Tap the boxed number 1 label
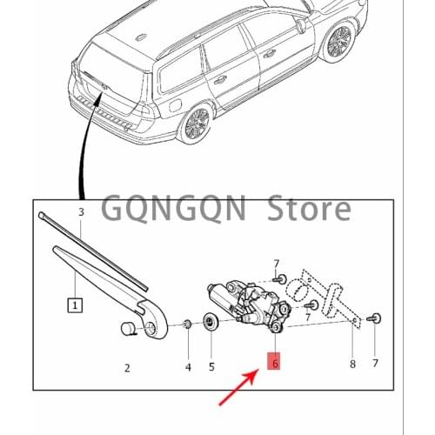pos(76,305)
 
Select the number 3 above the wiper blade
pos(81,212)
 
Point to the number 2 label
pos(126,368)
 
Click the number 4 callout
pos(188,367)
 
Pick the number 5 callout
pos(211,367)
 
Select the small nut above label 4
pos(188,325)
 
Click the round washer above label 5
pos(211,325)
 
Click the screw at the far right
pos(374,318)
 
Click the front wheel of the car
pos(340,41)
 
